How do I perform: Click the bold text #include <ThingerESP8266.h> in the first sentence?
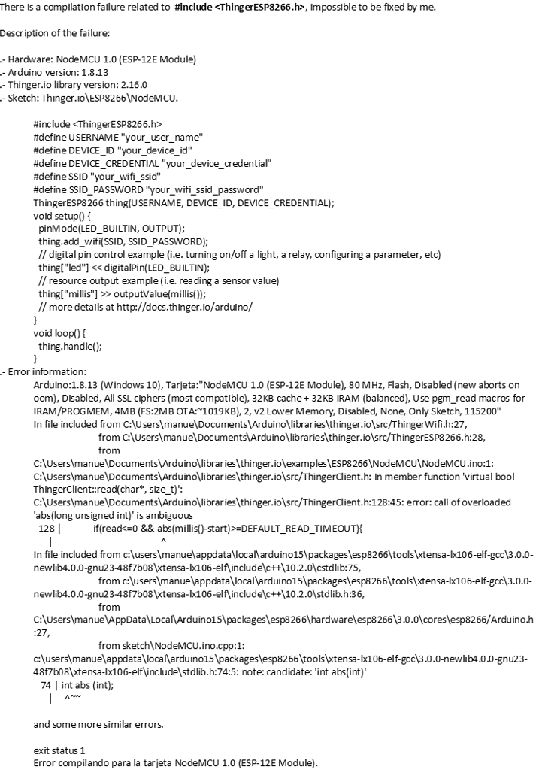(x=240, y=7)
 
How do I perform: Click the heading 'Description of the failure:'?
(x=55, y=33)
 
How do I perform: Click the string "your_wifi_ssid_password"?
(x=205, y=189)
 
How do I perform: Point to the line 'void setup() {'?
(x=62, y=215)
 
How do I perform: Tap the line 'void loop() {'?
(x=60, y=332)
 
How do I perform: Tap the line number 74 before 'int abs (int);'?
(x=45, y=685)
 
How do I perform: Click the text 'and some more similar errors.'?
(x=98, y=725)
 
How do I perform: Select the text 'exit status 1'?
(x=60, y=750)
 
